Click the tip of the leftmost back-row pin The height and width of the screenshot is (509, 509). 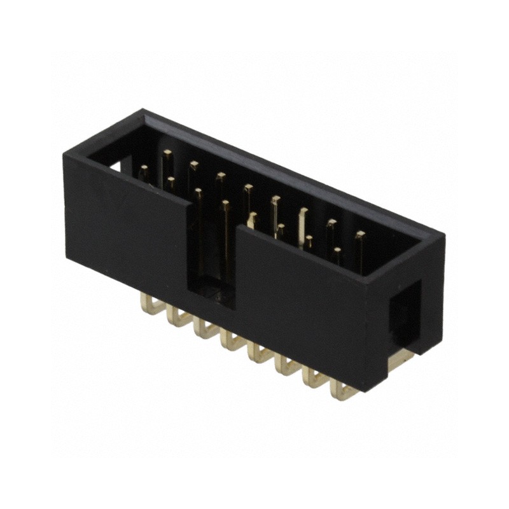[x=167, y=153]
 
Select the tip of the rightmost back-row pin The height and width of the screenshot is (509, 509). [x=360, y=235]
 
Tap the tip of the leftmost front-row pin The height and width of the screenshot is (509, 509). [x=144, y=169]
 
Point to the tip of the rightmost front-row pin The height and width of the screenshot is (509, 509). [x=337, y=252]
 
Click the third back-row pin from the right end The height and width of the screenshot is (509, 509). [x=303, y=211]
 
